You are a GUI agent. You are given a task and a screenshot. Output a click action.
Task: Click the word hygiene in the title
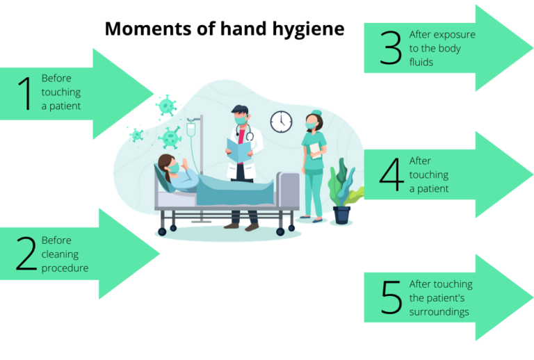click(308, 29)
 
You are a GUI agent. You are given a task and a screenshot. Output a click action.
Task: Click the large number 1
click(25, 93)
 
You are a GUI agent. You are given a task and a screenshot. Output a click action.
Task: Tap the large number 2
click(26, 254)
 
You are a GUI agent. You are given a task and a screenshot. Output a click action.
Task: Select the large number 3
click(391, 48)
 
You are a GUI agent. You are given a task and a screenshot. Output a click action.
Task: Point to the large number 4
click(391, 174)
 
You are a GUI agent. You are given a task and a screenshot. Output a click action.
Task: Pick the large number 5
click(391, 297)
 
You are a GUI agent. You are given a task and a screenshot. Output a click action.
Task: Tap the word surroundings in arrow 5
click(439, 312)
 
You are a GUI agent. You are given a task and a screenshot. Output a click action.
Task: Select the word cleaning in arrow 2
click(60, 254)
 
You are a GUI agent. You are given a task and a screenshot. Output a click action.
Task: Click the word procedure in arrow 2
click(65, 268)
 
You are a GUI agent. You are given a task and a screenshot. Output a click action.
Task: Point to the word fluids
click(421, 63)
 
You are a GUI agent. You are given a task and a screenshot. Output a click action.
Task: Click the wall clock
click(282, 122)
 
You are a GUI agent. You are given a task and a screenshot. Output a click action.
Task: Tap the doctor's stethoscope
click(245, 132)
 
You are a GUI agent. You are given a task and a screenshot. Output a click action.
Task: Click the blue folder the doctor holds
click(238, 150)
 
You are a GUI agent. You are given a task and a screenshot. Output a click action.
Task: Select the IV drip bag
click(191, 129)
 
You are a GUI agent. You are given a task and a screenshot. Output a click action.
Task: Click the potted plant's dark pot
click(341, 215)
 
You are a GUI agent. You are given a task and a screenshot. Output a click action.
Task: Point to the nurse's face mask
click(311, 126)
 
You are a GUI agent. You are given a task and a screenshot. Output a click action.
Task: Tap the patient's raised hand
click(185, 163)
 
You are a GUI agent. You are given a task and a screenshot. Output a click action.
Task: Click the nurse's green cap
click(316, 113)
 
